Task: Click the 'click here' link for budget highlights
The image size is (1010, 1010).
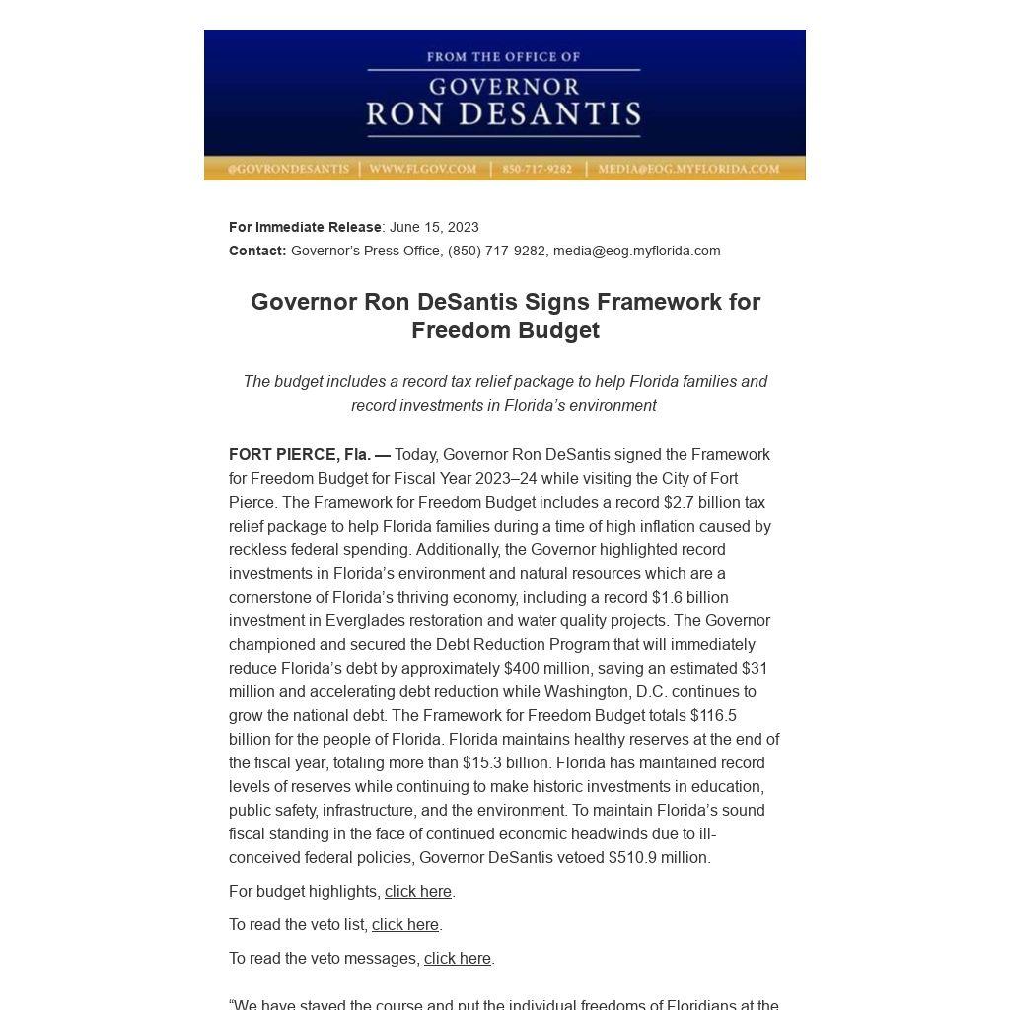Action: point(417,892)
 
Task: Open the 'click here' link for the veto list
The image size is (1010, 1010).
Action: point(404,925)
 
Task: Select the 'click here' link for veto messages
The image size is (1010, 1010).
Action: point(457,959)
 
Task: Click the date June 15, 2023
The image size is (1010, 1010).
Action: point(434,227)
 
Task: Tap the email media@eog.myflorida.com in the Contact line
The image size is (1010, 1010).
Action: point(636,251)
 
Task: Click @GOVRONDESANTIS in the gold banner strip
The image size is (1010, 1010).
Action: point(288,169)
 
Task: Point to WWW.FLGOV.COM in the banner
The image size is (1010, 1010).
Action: point(422,169)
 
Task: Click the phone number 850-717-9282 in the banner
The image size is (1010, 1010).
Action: point(537,169)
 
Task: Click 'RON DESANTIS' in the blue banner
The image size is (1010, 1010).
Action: point(503,114)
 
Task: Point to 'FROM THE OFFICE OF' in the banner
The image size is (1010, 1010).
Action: point(503,57)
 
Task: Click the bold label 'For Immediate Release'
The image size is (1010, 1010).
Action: point(305,227)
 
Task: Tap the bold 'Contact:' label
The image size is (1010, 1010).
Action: point(257,251)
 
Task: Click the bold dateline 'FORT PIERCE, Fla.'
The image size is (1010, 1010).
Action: point(300,455)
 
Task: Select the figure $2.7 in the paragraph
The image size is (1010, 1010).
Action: point(681,503)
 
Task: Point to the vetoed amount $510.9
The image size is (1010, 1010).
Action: point(632,858)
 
